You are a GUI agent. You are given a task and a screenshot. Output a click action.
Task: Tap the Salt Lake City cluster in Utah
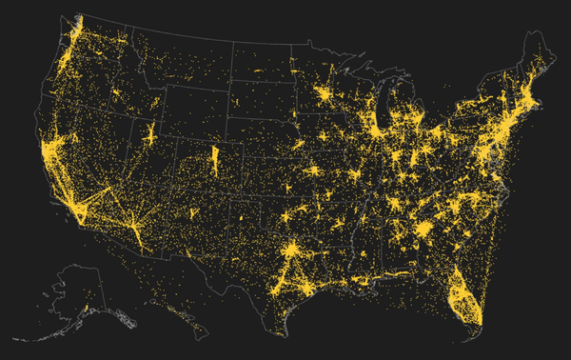(151, 132)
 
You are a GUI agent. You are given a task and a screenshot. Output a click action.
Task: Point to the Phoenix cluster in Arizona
(135, 230)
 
